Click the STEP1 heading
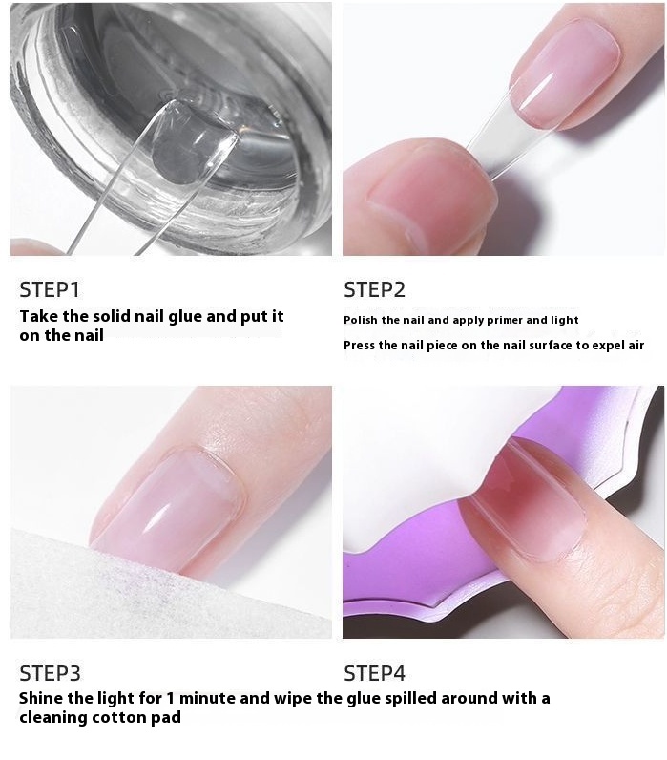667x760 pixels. coord(49,289)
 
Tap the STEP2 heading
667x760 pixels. coord(374,289)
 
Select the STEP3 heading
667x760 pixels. coord(50,673)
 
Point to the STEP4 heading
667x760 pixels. coord(374,673)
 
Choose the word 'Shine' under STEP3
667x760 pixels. coord(41,698)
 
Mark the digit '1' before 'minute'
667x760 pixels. coord(170,698)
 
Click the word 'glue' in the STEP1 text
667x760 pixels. coord(185,317)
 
